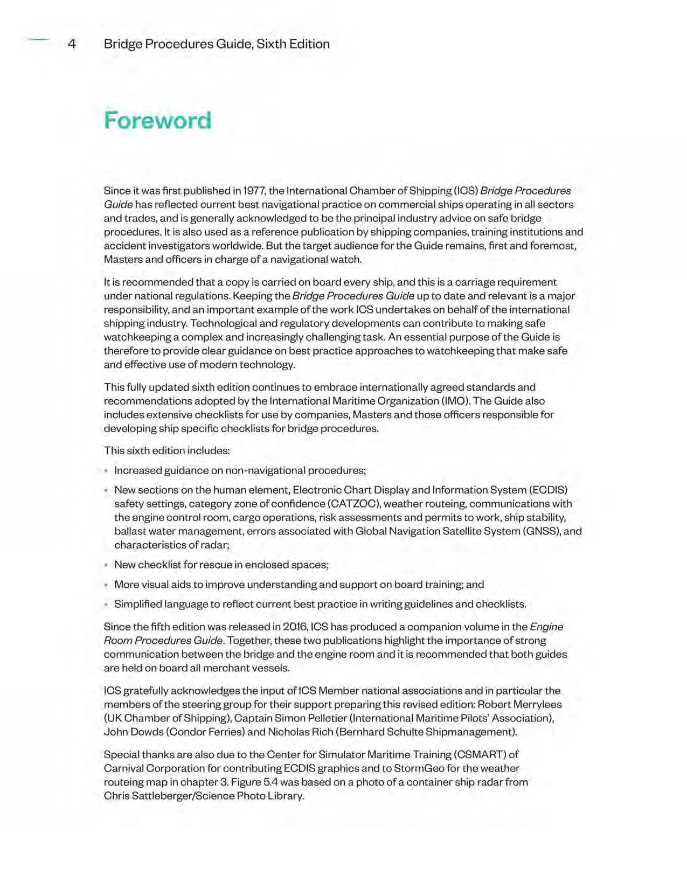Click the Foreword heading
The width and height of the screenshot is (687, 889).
(157, 120)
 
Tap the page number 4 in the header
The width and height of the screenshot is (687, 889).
(72, 44)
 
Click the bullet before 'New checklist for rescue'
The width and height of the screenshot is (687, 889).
(106, 565)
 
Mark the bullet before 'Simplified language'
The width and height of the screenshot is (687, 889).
(106, 605)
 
